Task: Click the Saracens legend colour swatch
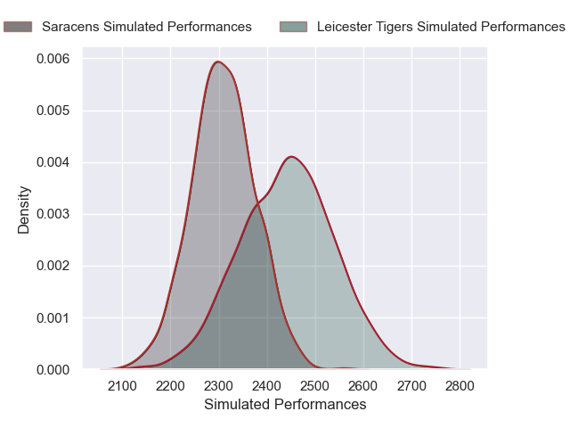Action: (x=18, y=27)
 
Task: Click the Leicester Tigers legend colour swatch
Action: (x=294, y=27)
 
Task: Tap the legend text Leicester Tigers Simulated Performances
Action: (x=441, y=27)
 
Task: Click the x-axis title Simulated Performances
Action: (x=285, y=405)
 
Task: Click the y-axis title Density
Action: (x=24, y=210)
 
